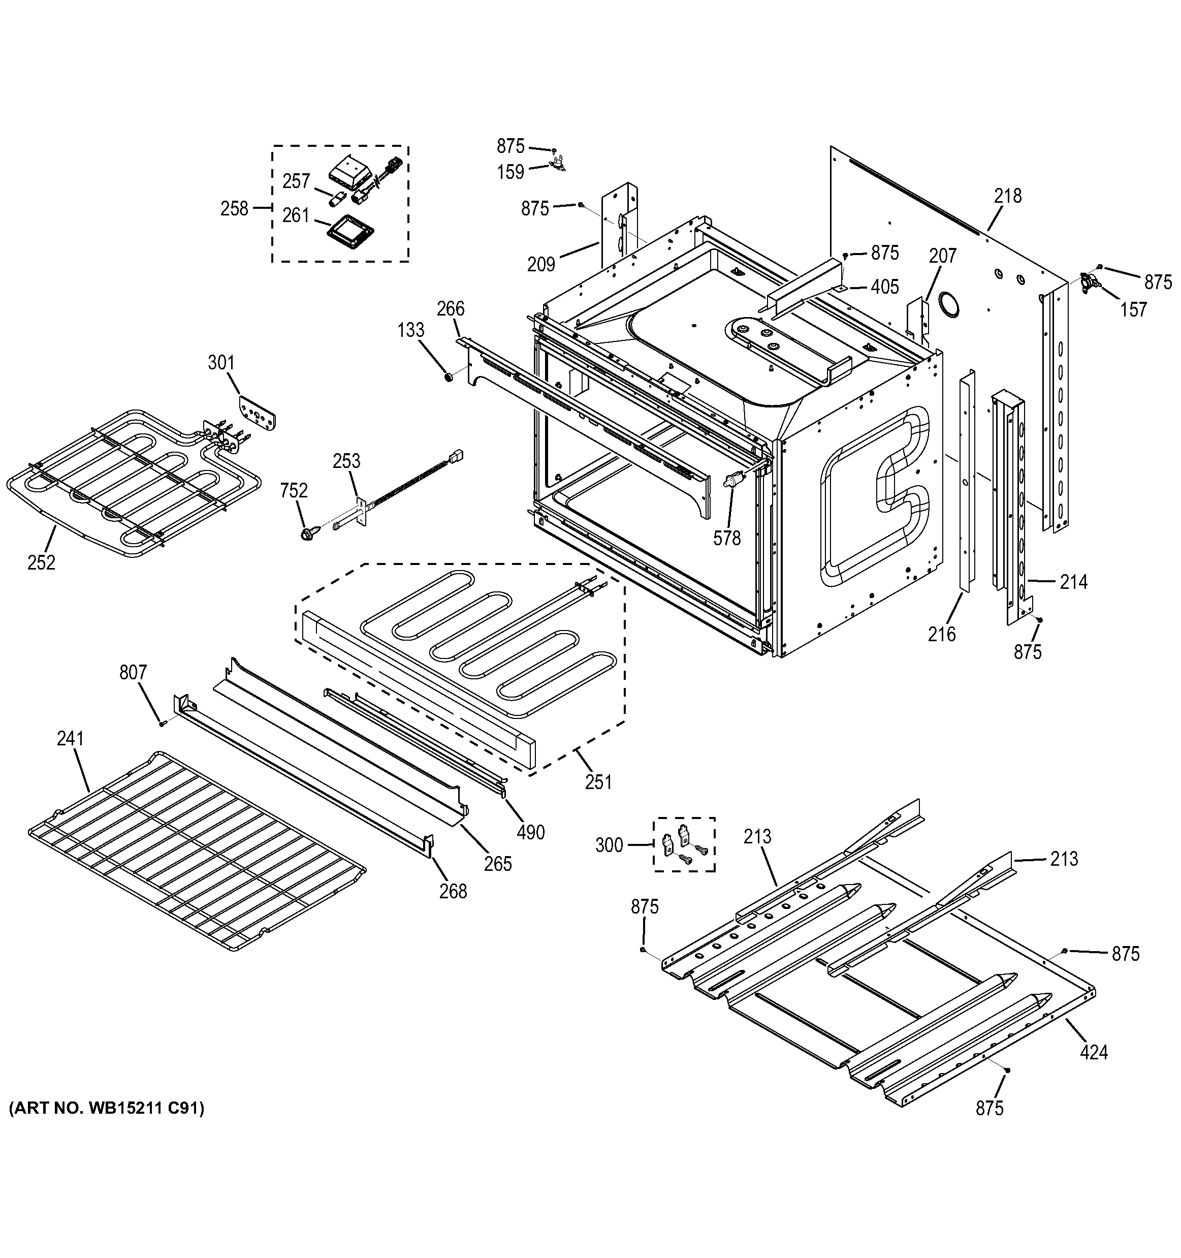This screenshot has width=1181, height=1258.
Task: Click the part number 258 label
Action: [234, 208]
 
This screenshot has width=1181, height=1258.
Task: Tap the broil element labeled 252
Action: [126, 481]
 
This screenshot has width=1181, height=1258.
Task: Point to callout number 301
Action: [221, 363]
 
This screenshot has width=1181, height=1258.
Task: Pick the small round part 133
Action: [448, 378]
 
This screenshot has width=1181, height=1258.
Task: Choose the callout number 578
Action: [727, 538]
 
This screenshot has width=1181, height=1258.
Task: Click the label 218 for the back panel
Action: [1008, 196]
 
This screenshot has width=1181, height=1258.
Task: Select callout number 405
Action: [884, 287]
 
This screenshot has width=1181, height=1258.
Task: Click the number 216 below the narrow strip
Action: [942, 634]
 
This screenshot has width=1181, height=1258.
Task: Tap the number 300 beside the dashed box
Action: [609, 845]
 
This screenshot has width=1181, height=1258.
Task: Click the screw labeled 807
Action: [162, 724]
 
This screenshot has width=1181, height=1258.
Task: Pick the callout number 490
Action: [530, 832]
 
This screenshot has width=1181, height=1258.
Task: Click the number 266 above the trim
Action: [451, 308]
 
